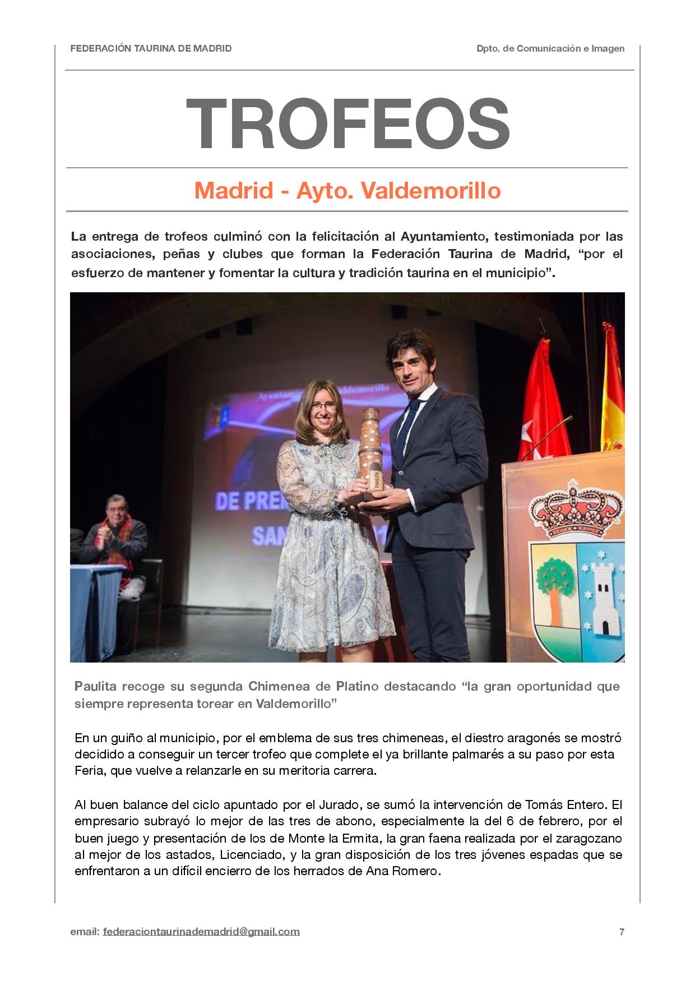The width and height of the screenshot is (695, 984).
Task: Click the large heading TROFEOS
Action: click(347, 125)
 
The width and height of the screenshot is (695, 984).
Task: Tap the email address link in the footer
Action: click(201, 931)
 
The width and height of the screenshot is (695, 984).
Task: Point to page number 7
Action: click(622, 932)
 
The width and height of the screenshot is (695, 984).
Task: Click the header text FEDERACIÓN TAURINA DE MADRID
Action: click(151, 49)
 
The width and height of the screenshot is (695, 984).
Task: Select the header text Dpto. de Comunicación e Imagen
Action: click(550, 49)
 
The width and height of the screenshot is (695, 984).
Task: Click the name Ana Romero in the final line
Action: click(402, 872)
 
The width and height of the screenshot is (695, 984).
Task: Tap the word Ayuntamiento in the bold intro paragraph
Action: click(442, 237)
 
